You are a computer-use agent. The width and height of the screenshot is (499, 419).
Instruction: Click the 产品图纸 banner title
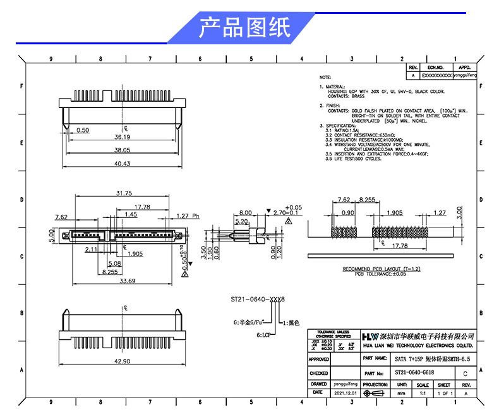[244, 28]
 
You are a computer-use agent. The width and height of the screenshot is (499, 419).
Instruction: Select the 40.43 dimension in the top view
[122, 163]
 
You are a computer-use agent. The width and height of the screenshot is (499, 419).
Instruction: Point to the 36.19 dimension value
[122, 137]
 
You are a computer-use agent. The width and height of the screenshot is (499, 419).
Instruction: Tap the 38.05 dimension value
[122, 150]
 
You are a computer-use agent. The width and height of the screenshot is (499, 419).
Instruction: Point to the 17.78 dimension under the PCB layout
[399, 246]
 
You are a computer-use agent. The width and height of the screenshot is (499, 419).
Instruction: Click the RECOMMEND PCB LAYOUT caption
[382, 269]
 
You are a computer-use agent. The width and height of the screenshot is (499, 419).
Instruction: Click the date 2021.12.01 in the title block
[346, 392]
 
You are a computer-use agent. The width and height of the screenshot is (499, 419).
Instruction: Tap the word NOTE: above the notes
[325, 77]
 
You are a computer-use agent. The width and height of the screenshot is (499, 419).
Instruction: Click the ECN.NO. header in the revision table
[436, 67]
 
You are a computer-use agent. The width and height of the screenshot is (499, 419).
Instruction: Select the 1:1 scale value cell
[423, 393]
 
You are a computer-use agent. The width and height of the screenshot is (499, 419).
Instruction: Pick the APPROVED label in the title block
[319, 359]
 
